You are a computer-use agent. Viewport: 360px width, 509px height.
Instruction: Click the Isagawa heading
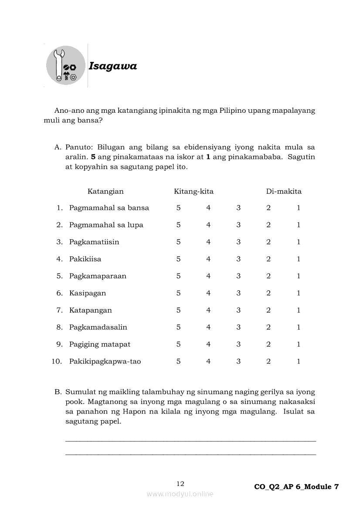[x=112, y=66]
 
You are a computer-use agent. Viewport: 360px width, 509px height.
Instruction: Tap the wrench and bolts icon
[x=66, y=65]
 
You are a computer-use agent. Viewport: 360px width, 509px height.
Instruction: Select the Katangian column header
[x=105, y=191]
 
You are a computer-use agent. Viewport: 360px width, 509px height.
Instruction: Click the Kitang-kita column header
[x=194, y=191]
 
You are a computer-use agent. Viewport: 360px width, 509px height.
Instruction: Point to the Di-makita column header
[x=284, y=191]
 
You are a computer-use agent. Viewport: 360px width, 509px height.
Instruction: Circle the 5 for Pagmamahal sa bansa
[x=178, y=208]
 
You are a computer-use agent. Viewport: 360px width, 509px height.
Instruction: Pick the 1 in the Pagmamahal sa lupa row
[x=299, y=225]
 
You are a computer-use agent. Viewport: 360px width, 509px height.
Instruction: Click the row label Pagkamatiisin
[x=94, y=242]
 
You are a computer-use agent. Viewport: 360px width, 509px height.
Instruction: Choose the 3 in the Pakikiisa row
[x=238, y=259]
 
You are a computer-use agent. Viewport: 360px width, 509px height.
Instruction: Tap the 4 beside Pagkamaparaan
[x=208, y=276]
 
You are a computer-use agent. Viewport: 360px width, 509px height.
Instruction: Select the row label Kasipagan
[x=87, y=293]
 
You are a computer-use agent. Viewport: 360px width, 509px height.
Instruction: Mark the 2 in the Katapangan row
[x=268, y=310]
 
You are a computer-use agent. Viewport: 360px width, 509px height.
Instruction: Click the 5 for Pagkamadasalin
[x=178, y=327]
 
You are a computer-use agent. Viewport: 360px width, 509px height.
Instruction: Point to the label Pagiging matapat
[x=99, y=344]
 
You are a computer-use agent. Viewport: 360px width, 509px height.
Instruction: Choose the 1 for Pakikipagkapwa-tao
[x=299, y=361]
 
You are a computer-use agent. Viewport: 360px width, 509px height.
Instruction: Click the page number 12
[x=180, y=483]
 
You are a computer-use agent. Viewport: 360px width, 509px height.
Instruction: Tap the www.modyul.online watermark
[x=180, y=494]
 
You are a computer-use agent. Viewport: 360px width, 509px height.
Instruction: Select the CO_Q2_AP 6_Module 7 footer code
[x=296, y=487]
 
